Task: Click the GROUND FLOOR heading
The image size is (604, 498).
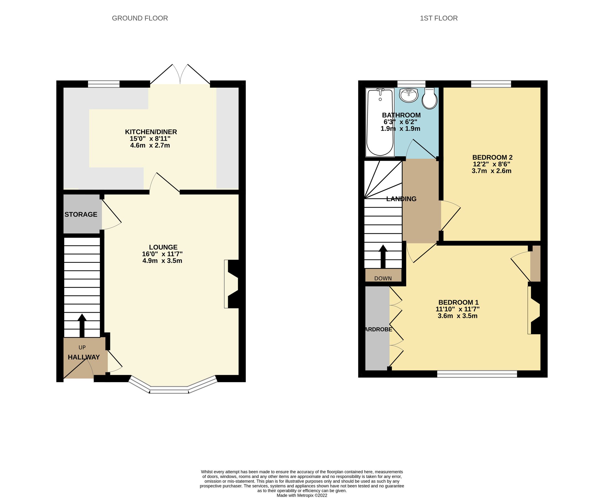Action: (140, 18)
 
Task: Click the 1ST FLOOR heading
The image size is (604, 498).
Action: (439, 18)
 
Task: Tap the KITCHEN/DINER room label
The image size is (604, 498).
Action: (151, 132)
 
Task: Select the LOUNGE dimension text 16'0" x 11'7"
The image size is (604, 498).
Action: (162, 254)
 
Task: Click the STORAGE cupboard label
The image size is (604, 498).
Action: (81, 214)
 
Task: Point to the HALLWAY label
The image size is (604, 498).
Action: (84, 357)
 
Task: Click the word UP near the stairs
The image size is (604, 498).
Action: (82, 347)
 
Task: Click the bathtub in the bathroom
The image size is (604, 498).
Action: (380, 123)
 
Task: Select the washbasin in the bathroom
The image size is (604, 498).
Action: (409, 95)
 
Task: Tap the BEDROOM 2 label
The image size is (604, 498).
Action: (492, 157)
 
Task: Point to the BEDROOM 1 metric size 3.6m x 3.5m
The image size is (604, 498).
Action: (457, 316)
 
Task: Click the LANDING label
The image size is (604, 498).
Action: (401, 199)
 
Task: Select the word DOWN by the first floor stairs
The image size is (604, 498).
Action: (383, 278)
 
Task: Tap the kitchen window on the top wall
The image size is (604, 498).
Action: (103, 84)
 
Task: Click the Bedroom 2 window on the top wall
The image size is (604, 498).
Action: (491, 84)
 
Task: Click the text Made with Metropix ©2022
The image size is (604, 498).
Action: (302, 495)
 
